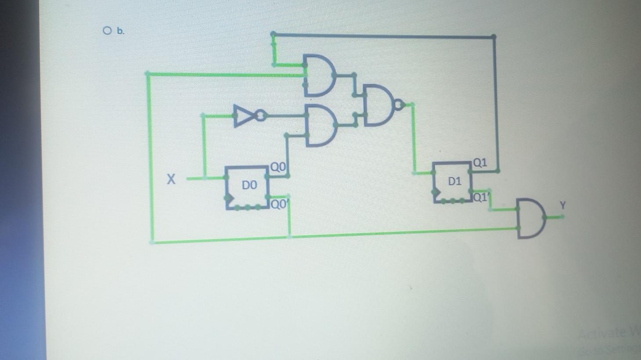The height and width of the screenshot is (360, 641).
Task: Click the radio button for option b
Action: (x=107, y=30)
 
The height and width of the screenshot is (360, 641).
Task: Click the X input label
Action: (x=171, y=179)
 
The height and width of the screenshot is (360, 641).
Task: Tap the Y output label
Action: (x=563, y=205)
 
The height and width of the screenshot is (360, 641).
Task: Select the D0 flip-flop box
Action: (x=247, y=188)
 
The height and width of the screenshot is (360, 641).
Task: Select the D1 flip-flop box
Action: (x=453, y=182)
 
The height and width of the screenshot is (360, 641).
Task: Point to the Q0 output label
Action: (x=278, y=167)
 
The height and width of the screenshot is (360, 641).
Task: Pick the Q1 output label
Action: (x=480, y=163)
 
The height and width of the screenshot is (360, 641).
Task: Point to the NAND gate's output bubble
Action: (x=399, y=105)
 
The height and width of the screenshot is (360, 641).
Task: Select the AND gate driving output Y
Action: (x=530, y=218)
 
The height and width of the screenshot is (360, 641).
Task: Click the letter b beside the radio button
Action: (x=120, y=31)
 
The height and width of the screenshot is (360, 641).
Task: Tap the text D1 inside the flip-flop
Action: (x=454, y=181)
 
